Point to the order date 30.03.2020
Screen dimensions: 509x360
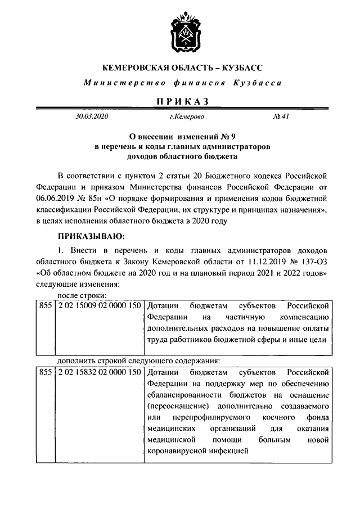click(92, 117)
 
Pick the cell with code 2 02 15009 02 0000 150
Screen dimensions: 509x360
click(97, 306)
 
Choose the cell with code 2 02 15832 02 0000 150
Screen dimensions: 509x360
click(97, 372)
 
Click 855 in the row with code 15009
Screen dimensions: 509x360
click(44, 306)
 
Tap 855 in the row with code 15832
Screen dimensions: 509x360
click(44, 372)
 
